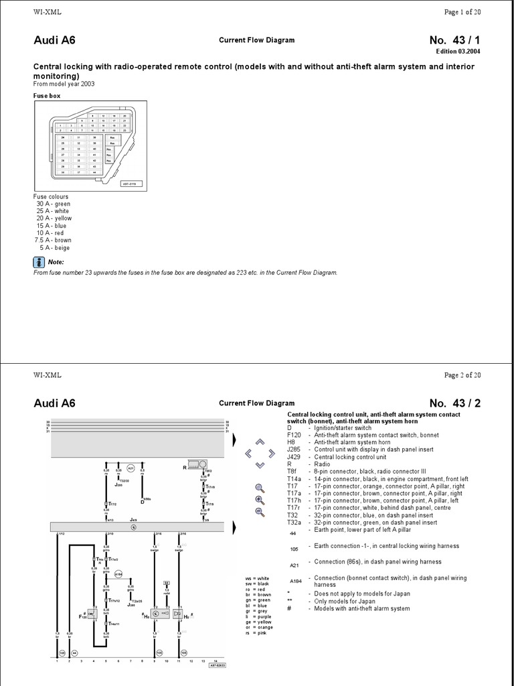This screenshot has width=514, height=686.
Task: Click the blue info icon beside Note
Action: (x=39, y=262)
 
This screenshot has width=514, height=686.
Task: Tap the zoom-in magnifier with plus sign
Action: (x=260, y=500)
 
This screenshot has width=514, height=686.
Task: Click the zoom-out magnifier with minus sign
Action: (x=260, y=512)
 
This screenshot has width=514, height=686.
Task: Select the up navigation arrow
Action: (x=260, y=442)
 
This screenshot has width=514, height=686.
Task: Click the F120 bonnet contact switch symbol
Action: (x=92, y=613)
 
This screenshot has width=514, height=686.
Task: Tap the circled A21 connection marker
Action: (x=131, y=468)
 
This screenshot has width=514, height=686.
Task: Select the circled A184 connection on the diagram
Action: (x=118, y=574)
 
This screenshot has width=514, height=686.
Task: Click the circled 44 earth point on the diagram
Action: (x=74, y=652)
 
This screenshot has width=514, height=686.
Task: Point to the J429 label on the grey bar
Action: (x=133, y=519)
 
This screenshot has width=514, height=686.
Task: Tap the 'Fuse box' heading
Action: (x=47, y=96)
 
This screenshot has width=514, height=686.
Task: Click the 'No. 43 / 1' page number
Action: (x=454, y=40)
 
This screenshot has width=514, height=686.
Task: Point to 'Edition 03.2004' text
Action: (x=458, y=52)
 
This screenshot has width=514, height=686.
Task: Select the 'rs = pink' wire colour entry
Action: (x=257, y=632)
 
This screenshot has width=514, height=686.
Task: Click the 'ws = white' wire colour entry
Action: (x=258, y=578)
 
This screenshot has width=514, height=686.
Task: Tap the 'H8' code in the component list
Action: (x=290, y=442)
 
